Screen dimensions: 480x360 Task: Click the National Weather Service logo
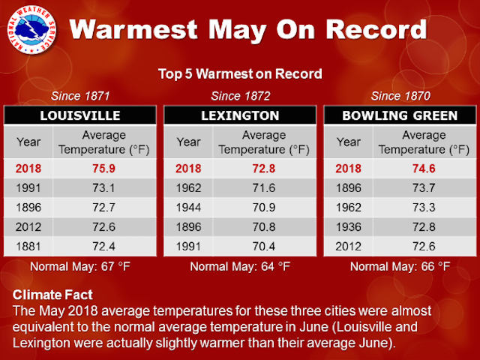click(x=31, y=30)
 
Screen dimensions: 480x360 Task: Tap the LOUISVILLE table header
click(x=80, y=115)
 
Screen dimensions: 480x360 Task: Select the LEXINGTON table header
click(x=240, y=115)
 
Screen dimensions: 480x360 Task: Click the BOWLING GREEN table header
click(x=400, y=115)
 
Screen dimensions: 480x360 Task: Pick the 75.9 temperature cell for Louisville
click(x=104, y=168)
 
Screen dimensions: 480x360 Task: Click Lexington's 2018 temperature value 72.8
click(x=264, y=168)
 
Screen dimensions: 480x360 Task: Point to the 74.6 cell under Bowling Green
click(x=424, y=168)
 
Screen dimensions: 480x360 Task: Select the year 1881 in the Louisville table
click(x=28, y=247)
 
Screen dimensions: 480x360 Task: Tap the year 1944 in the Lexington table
click(x=188, y=208)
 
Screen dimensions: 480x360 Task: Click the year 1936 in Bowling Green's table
click(x=349, y=226)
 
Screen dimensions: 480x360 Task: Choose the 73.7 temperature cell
click(x=424, y=187)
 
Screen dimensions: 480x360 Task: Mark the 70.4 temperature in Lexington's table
click(x=264, y=247)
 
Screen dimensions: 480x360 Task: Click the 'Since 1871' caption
click(x=80, y=96)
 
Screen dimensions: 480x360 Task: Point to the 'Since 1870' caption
click(x=400, y=96)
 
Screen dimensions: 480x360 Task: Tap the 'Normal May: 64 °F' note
click(x=240, y=267)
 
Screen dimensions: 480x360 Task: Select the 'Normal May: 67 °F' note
click(x=80, y=267)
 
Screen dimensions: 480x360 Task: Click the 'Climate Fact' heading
click(x=52, y=295)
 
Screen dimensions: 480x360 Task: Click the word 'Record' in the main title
click(x=376, y=29)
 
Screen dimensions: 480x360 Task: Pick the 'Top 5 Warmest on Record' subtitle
click(x=240, y=73)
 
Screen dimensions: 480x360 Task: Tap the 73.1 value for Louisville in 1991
click(x=104, y=187)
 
